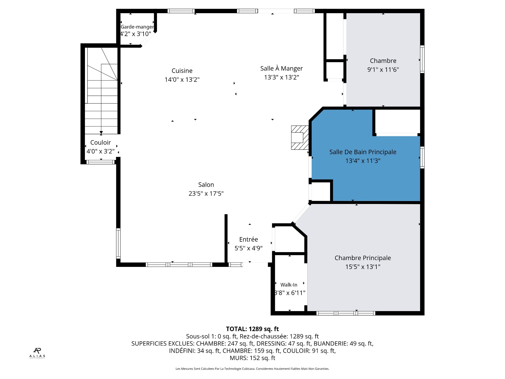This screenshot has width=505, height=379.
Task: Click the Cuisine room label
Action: pyautogui.click(x=182, y=71)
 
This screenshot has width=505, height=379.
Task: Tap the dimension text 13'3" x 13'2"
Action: pyautogui.click(x=281, y=77)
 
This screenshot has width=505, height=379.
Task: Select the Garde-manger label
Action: pyautogui.click(x=137, y=27)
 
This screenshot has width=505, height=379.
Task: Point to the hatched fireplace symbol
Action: pyautogui.click(x=300, y=138)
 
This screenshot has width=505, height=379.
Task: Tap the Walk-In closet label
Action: pyautogui.click(x=289, y=285)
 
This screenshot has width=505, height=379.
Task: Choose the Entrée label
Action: pyautogui.click(x=249, y=240)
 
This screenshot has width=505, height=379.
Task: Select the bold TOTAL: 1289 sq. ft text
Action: pyautogui.click(x=252, y=329)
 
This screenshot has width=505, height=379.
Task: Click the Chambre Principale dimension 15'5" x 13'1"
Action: pyautogui.click(x=363, y=267)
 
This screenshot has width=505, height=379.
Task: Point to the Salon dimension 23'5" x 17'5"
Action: pyautogui.click(x=206, y=194)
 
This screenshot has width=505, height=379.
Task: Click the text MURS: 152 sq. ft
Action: pyautogui.click(x=252, y=358)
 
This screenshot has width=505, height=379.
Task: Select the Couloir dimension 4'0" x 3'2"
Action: pyautogui.click(x=100, y=151)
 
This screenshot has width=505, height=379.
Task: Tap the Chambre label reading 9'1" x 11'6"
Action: pyautogui.click(x=383, y=70)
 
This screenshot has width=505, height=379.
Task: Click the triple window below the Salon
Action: pyautogui.click(x=179, y=265)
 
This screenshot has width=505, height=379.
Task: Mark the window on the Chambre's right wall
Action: pyautogui.click(x=422, y=59)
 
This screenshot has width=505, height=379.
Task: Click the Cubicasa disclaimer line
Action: pyautogui.click(x=252, y=369)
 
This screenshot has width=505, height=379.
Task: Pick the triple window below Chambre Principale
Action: pyautogui.click(x=346, y=313)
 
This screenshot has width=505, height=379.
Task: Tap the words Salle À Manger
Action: pyautogui.click(x=281, y=68)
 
